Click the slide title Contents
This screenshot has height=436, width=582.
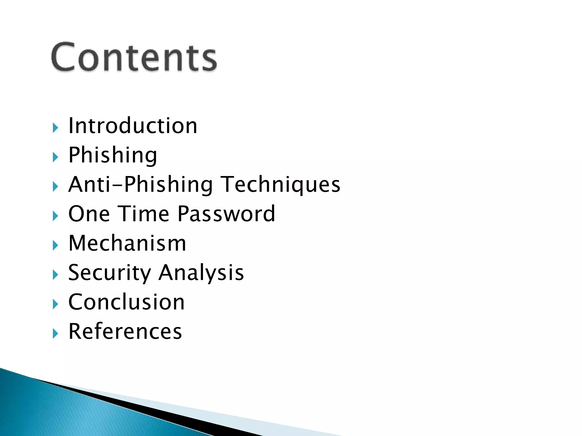pyautogui.click(x=134, y=57)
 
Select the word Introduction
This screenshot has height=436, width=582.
pyautogui.click(x=133, y=126)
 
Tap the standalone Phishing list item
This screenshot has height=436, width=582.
pyautogui.click(x=113, y=155)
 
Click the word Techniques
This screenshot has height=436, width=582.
pyautogui.click(x=280, y=185)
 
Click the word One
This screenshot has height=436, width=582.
pyautogui.click(x=89, y=214)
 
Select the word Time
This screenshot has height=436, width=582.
pyautogui.click(x=144, y=214)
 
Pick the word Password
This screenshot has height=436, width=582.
pyautogui.click(x=226, y=214)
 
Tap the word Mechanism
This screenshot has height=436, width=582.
pyautogui.click(x=127, y=243)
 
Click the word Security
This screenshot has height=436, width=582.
pyautogui.click(x=110, y=273)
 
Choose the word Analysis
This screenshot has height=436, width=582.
pyautogui.click(x=201, y=273)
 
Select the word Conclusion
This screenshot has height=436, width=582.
pyautogui.click(x=126, y=302)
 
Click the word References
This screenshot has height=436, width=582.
pyautogui.click(x=125, y=331)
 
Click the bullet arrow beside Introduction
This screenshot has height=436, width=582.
pyautogui.click(x=55, y=128)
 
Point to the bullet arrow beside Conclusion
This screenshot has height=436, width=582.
pyautogui.click(x=55, y=304)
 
